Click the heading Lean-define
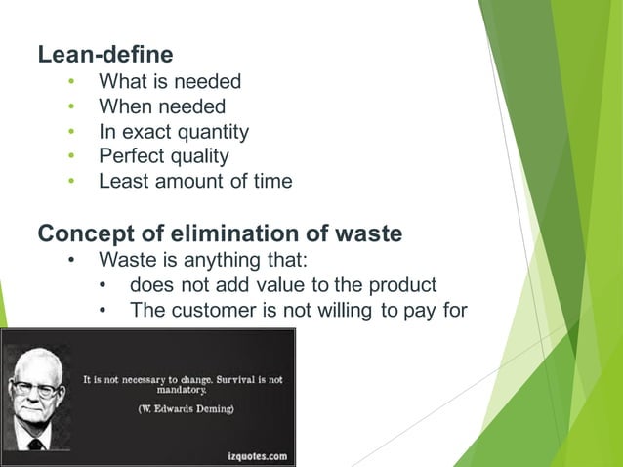click(105, 55)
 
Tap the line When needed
click(162, 106)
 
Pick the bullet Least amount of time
click(195, 181)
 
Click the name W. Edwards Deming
click(185, 408)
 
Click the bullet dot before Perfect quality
click(71, 156)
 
